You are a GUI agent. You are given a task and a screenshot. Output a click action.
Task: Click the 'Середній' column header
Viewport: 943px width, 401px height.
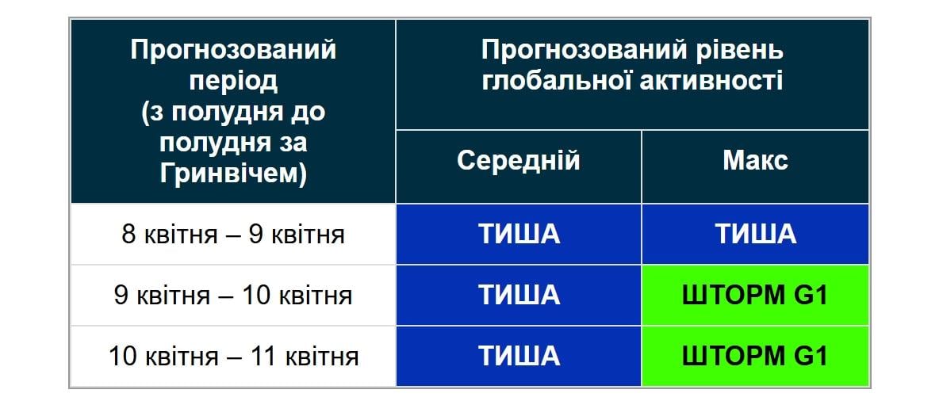click(519, 161)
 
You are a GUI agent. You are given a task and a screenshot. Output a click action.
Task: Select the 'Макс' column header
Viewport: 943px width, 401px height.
click(755, 161)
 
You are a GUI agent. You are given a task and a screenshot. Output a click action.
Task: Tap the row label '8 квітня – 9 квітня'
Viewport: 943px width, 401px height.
click(233, 235)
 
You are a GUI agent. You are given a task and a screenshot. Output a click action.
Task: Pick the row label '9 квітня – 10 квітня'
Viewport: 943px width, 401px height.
click(233, 296)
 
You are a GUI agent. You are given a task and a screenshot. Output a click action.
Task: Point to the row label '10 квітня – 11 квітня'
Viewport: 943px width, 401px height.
click(233, 356)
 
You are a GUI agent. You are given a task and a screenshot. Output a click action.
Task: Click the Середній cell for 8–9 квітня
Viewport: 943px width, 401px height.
click(519, 235)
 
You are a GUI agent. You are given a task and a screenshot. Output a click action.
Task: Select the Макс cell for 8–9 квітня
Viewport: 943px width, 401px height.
click(755, 235)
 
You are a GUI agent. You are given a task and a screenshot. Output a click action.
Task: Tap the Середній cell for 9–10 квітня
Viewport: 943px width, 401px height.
click(519, 296)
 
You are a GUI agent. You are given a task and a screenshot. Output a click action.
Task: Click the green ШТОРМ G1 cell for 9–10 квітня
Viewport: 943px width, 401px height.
click(755, 296)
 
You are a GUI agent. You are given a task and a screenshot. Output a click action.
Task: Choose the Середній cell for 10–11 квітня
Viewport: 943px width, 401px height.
click(519, 356)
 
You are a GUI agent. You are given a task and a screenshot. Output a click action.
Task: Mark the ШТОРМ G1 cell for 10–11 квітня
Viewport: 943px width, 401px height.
click(755, 356)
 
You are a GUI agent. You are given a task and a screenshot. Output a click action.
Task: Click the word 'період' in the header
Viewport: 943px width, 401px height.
click(233, 81)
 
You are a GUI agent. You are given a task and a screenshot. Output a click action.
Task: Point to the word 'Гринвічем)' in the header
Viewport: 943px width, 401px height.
click(233, 173)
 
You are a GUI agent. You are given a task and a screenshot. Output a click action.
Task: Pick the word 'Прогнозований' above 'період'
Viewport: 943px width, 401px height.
click(233, 51)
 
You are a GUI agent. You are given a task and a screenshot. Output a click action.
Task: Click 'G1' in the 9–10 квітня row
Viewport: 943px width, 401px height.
click(811, 296)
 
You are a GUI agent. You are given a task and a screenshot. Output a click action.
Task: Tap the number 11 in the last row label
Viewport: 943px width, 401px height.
click(262, 356)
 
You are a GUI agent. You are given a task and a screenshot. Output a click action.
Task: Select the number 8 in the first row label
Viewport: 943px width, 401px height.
click(128, 235)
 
